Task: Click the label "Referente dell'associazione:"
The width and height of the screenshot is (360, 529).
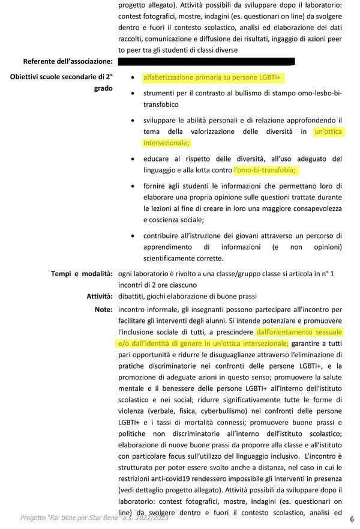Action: pos(68,61)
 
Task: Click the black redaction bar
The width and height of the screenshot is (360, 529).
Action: pos(206,61)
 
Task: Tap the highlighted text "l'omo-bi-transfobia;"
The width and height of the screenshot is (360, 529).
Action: pos(265,171)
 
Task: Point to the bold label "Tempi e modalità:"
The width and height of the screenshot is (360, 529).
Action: pos(82,273)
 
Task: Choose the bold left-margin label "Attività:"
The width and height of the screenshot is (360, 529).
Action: pos(100,296)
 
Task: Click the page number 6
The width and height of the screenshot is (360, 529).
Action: pos(352,519)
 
